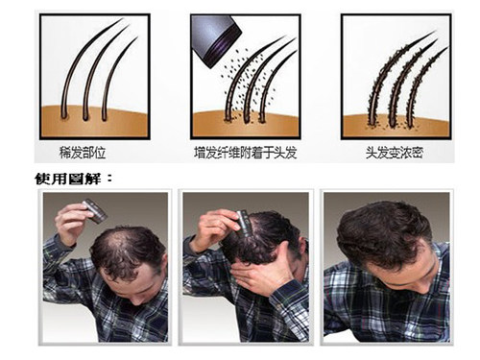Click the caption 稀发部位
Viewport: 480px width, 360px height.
[x=83, y=153]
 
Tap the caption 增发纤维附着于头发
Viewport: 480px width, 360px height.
[x=246, y=153]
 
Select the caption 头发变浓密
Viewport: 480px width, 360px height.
[x=395, y=153]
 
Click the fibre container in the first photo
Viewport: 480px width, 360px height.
[x=94, y=210]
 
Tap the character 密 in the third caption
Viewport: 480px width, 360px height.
[x=418, y=153]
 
